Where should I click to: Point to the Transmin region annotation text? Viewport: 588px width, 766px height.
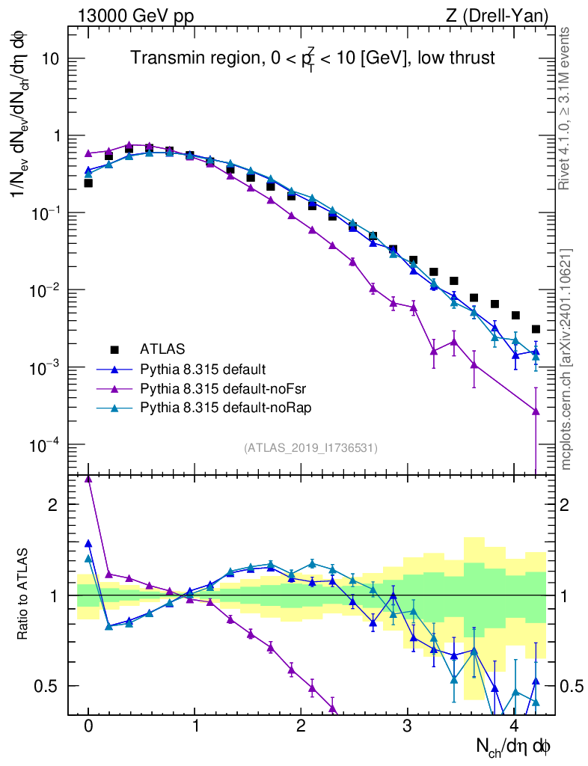point(313,58)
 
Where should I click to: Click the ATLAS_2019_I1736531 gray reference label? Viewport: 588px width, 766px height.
point(310,448)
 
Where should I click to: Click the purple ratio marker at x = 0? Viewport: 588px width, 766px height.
point(88,479)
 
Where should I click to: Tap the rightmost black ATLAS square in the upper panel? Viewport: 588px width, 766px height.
point(536,329)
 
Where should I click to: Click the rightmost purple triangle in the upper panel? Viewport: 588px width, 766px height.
point(536,411)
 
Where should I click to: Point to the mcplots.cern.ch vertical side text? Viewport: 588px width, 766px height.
point(566,359)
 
